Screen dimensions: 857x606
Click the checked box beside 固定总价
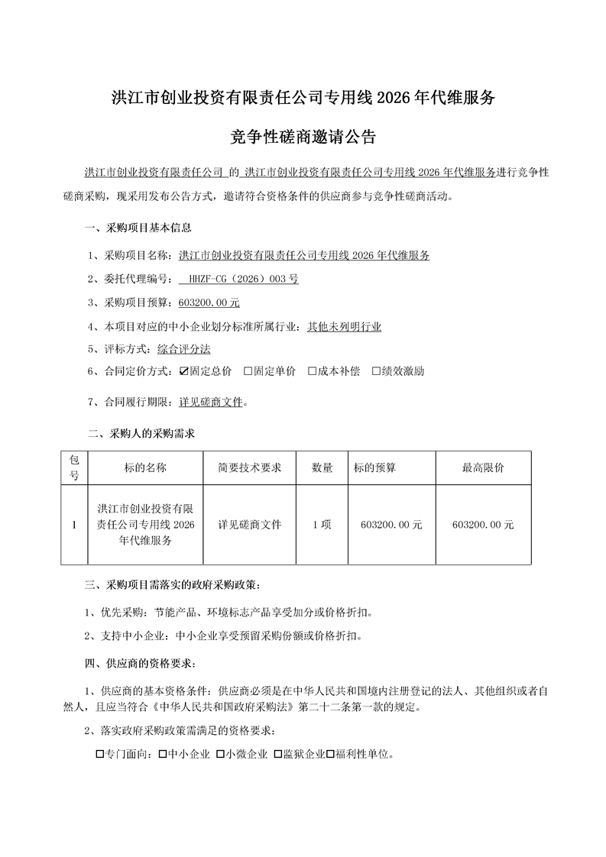tap(184, 371)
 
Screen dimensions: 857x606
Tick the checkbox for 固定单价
tap(248, 371)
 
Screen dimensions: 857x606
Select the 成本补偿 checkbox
tap(313, 371)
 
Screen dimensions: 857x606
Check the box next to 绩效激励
tap(377, 371)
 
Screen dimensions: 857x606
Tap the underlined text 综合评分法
tap(184, 348)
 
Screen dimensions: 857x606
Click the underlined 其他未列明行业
tap(345, 326)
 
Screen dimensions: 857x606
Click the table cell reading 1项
tap(322, 525)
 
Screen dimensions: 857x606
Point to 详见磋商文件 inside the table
tap(250, 525)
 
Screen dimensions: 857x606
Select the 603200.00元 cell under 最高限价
tap(483, 525)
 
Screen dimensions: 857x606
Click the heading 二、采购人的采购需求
tap(142, 434)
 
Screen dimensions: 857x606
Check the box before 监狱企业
tap(279, 755)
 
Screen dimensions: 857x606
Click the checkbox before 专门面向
tap(100, 755)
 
